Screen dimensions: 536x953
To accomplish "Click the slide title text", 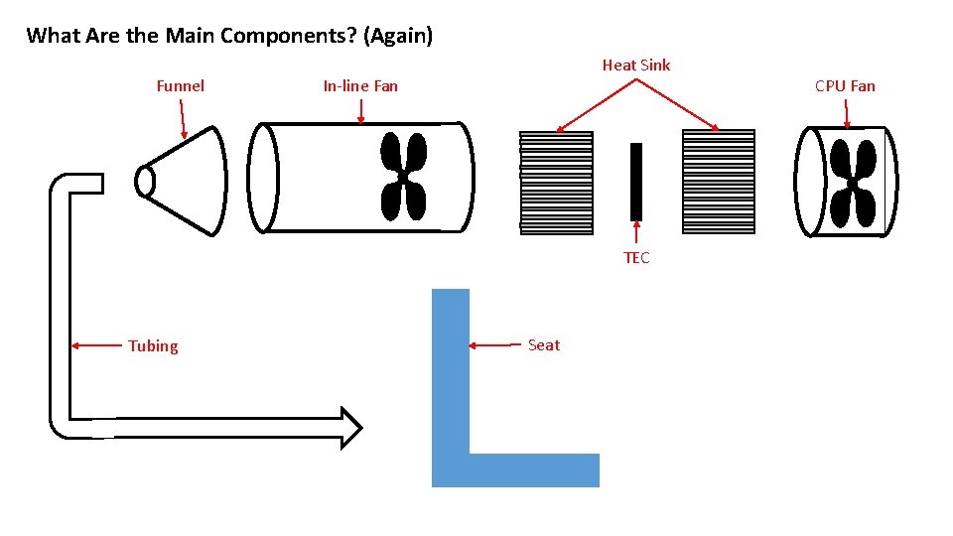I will [229, 37].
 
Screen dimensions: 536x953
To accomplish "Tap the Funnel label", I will [181, 86].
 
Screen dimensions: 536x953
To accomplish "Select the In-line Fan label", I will [360, 86].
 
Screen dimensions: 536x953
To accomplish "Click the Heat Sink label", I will [636, 66].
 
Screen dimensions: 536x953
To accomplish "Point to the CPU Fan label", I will [845, 86].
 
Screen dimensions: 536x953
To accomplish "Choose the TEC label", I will [636, 258].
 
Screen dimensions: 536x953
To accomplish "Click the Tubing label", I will [153, 346].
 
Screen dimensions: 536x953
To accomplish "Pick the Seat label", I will [544, 345].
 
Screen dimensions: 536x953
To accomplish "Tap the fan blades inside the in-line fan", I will [403, 177].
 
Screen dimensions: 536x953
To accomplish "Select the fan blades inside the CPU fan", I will [852, 183].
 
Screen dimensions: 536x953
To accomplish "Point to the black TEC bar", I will [636, 182].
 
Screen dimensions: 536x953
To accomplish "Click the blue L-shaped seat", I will [452, 417].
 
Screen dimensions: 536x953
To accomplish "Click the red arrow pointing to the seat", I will [492, 345].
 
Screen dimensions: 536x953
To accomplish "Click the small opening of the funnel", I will [146, 182].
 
